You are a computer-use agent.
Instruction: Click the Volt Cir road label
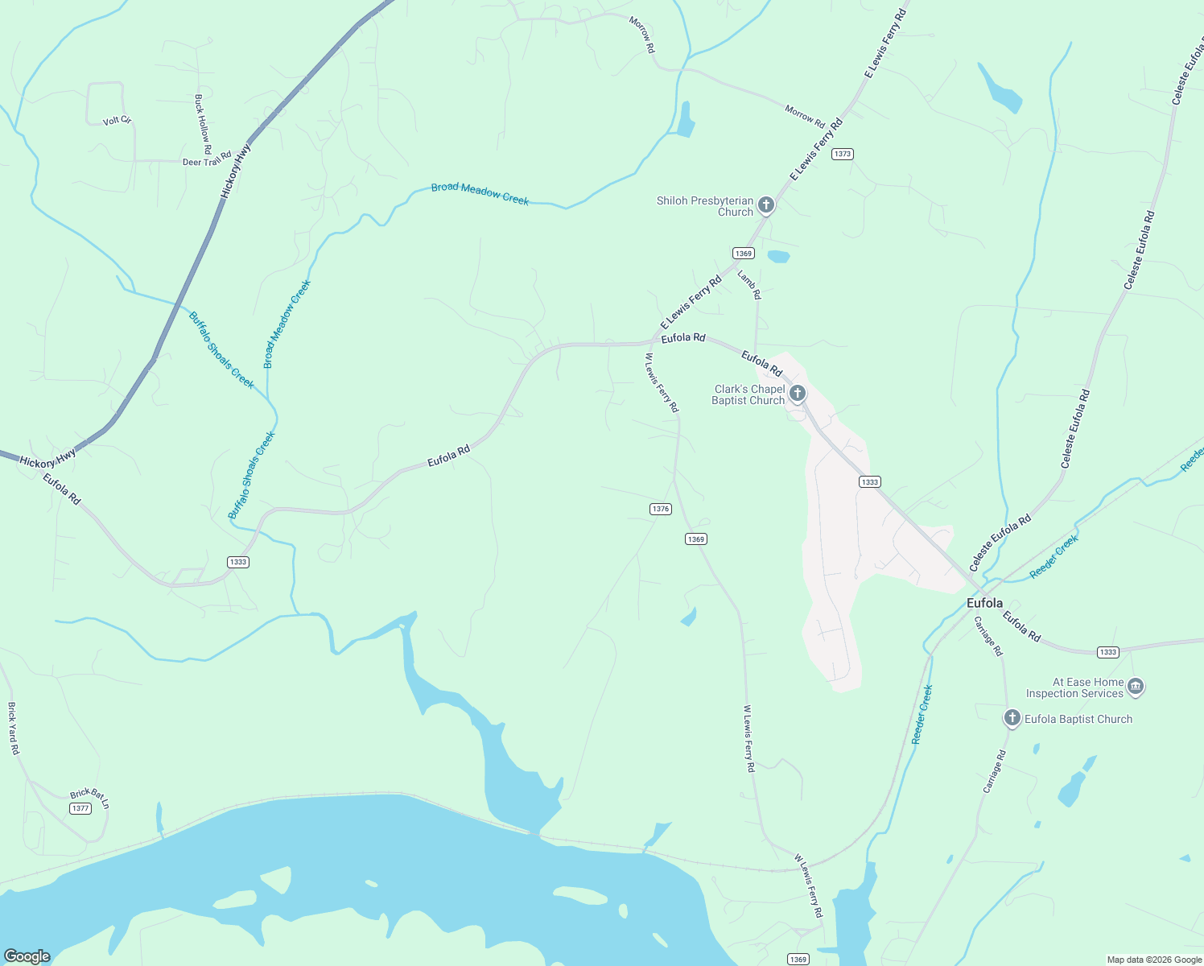[x=117, y=121]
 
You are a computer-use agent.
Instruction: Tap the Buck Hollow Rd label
[x=202, y=124]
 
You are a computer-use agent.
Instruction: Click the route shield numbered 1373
[x=842, y=154]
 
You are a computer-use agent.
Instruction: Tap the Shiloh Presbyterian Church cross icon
[x=766, y=205]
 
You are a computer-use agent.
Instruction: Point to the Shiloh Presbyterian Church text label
[x=705, y=206]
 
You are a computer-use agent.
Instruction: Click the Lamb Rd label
[x=749, y=285]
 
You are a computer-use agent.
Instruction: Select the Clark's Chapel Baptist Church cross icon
[x=798, y=394]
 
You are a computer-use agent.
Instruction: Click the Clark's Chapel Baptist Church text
[x=748, y=394]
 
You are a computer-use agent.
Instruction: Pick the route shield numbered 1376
[x=660, y=509]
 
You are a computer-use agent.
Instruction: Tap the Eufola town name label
[x=984, y=603]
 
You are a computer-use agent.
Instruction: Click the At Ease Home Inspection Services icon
[x=1136, y=687]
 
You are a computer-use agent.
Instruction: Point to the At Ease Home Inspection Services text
[x=1074, y=687]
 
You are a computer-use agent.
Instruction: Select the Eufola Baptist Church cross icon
[x=1012, y=718]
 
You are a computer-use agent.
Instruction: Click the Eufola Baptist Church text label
[x=1078, y=719]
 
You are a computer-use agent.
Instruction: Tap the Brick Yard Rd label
[x=13, y=729]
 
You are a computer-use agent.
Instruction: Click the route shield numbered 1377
[x=80, y=808]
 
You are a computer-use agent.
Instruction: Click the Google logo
[x=27, y=956]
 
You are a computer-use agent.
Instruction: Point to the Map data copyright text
[x=1154, y=960]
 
